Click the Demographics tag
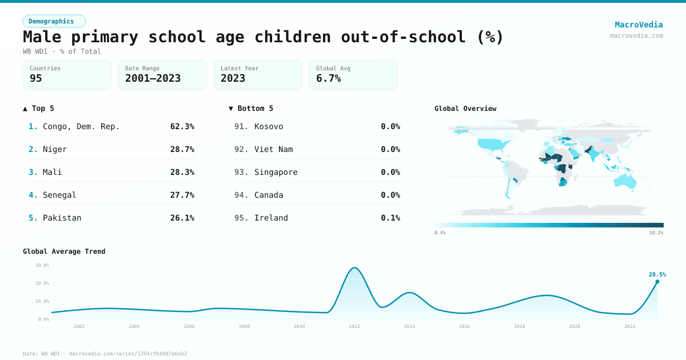[x=54, y=21]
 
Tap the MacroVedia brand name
[x=639, y=25]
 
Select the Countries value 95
[x=36, y=78]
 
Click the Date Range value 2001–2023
[x=153, y=78]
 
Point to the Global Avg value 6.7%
[x=329, y=78]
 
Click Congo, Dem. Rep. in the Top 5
[x=81, y=126]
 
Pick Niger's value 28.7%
[x=182, y=149]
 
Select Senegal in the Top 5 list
[x=59, y=195]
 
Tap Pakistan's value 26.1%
[x=182, y=218]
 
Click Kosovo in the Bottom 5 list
[x=269, y=126]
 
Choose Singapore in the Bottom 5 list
[x=276, y=172]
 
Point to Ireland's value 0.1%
[x=390, y=218]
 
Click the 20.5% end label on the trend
[x=657, y=274]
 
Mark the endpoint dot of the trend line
[x=657, y=282]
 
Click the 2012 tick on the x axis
[x=354, y=326]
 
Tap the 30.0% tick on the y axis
[x=42, y=265]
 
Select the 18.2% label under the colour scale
[x=656, y=233]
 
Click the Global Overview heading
[x=465, y=108]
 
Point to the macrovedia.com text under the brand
[x=636, y=35]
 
